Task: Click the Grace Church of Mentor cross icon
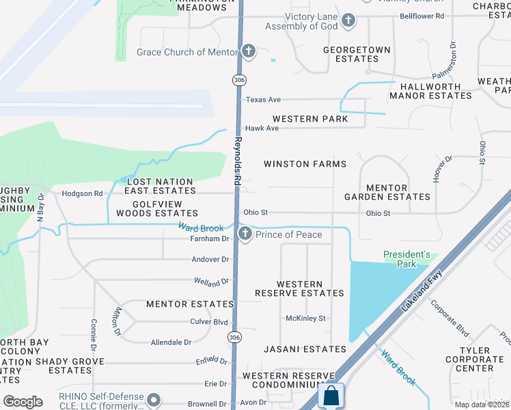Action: tap(248, 52)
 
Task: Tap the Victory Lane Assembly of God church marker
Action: tap(348, 20)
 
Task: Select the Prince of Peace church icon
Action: tap(245, 235)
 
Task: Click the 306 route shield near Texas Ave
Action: tap(238, 81)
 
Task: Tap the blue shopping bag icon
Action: tap(331, 396)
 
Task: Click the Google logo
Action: tap(23, 402)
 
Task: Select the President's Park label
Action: tap(406, 260)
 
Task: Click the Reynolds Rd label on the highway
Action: tap(238, 161)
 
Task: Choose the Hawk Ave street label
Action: tap(262, 128)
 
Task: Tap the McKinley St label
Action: tap(305, 318)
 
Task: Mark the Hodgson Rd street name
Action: tap(82, 193)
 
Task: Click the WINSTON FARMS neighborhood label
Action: tap(305, 164)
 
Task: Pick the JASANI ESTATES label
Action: tap(305, 349)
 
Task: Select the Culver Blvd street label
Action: tap(209, 321)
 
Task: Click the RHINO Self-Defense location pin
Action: tap(154, 399)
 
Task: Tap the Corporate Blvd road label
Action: tap(450, 318)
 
